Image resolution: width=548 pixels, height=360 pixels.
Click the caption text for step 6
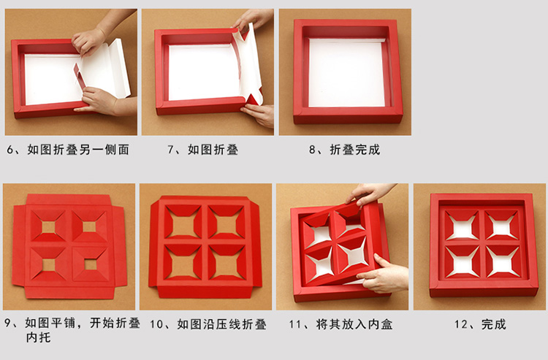point(68,150)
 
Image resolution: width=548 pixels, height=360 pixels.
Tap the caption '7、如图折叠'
point(202,150)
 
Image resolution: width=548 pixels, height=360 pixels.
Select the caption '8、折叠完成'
point(344,150)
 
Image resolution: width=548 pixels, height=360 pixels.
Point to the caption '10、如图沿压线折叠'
point(208,324)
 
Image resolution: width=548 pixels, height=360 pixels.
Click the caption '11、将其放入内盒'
point(340,324)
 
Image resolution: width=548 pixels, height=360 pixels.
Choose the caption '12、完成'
point(480,324)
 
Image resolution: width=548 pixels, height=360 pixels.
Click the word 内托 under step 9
point(38,337)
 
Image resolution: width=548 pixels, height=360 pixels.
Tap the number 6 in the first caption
point(10,150)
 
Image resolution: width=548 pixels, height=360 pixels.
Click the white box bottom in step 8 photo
point(346,72)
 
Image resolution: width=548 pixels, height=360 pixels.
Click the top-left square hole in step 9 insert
point(48,228)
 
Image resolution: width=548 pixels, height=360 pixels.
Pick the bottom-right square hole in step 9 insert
point(91,264)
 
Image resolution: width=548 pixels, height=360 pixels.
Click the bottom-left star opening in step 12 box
point(463,262)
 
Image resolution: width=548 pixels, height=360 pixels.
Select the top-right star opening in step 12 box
point(501,226)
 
